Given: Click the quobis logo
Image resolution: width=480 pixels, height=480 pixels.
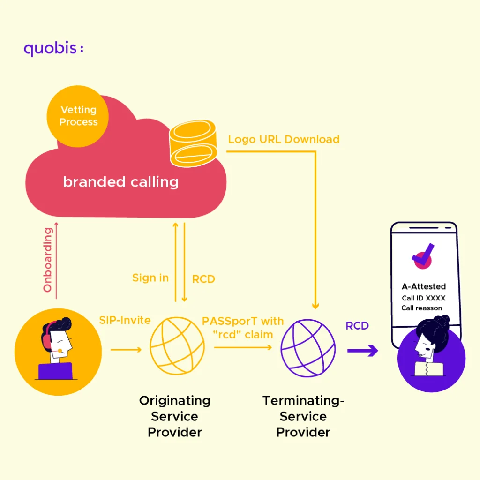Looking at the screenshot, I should [x=53, y=48].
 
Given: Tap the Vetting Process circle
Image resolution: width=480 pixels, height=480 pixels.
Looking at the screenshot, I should [x=78, y=116].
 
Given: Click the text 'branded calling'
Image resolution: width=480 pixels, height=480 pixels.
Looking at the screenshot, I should [x=120, y=182].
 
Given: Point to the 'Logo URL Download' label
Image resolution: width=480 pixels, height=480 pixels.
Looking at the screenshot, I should [x=284, y=139].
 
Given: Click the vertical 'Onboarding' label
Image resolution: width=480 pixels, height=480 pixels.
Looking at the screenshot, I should [x=48, y=259].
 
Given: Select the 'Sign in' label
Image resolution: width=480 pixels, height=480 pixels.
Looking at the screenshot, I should [x=150, y=277].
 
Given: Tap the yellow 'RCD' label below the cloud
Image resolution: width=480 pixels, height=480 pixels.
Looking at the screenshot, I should [x=203, y=279].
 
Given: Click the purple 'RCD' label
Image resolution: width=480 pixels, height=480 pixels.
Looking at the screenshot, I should [x=357, y=326].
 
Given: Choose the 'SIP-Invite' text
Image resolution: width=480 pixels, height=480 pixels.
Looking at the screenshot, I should [x=125, y=320].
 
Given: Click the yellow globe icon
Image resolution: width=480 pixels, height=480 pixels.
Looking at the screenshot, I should [x=177, y=347].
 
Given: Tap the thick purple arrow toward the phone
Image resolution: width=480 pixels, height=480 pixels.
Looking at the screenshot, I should [x=363, y=350].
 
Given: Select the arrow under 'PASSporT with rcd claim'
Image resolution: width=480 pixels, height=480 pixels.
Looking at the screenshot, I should [x=243, y=347].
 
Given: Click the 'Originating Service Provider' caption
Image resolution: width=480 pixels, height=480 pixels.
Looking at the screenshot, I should [x=175, y=416].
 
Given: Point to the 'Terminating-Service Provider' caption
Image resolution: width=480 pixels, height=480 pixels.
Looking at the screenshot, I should [x=303, y=416].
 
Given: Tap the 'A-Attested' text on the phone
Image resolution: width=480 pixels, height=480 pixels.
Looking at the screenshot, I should [x=424, y=286].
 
